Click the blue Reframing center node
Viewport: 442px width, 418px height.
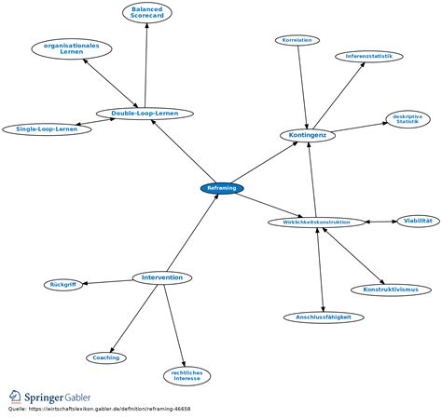(222, 188)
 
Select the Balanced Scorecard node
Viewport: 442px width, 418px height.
(147, 12)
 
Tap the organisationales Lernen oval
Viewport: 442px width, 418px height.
(72, 48)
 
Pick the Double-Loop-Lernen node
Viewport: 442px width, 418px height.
(145, 114)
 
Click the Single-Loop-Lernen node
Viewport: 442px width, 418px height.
(47, 129)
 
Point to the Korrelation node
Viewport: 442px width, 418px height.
(297, 40)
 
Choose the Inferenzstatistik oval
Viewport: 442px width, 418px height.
(369, 57)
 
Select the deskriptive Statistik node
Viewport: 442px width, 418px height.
(407, 119)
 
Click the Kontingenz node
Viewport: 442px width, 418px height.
(308, 135)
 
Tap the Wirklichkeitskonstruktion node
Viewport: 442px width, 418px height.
(316, 222)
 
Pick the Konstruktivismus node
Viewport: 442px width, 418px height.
(391, 290)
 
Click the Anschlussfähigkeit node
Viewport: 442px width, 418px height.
(324, 317)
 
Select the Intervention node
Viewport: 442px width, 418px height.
(162, 277)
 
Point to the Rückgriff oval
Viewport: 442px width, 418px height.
(63, 285)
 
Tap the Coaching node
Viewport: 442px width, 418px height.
(106, 357)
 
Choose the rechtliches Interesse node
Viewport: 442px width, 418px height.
(186, 376)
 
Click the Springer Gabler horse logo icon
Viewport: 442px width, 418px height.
(14, 397)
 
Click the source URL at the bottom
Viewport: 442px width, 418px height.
(109, 409)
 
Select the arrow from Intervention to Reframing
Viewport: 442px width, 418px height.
(193, 233)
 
